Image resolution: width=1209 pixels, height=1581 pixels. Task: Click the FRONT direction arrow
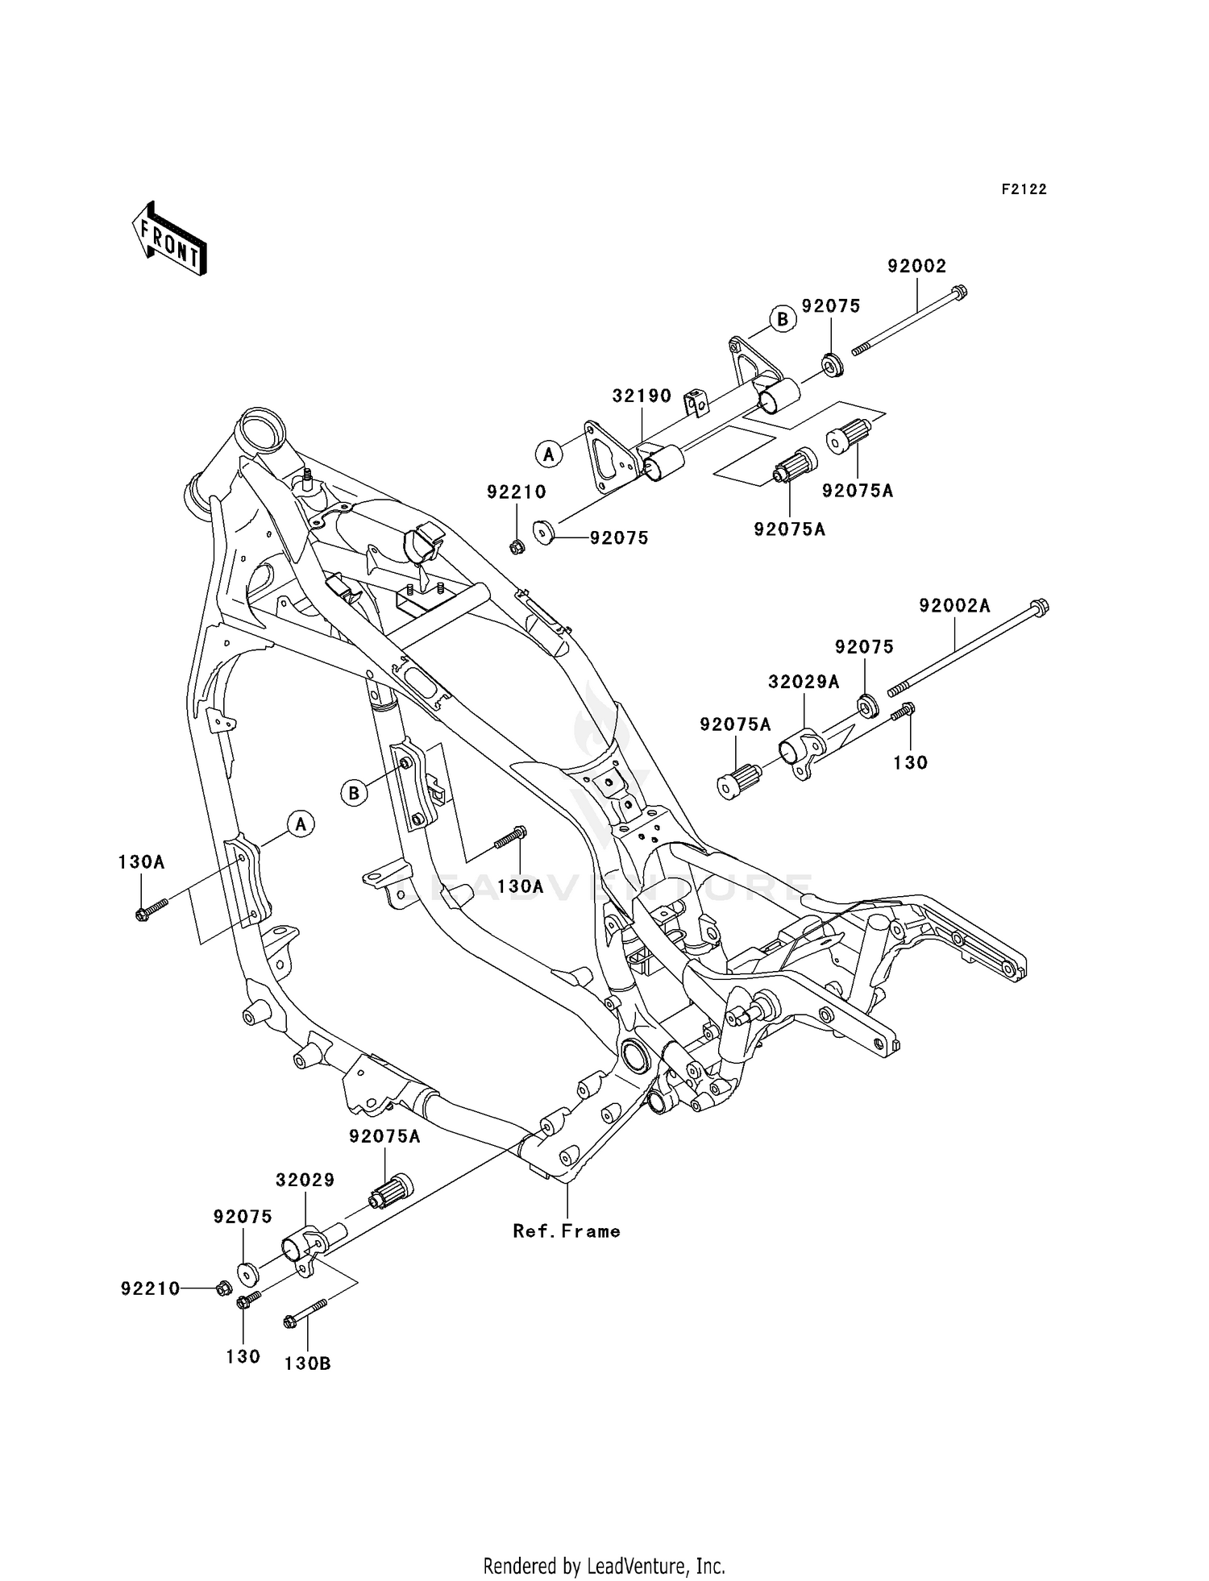pos(169,239)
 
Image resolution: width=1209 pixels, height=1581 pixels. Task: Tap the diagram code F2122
pos(1024,189)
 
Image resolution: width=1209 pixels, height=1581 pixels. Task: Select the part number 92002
pos(916,266)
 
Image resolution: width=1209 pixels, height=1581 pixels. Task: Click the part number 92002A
pos(954,605)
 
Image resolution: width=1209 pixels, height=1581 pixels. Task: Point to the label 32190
pos(642,396)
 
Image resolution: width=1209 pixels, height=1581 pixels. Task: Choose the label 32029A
pos(803,682)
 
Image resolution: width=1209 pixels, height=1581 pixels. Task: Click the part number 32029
pos(305,1180)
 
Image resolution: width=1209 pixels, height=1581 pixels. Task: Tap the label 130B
pos(307,1363)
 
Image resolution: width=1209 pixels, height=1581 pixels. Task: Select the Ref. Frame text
pos(567,1231)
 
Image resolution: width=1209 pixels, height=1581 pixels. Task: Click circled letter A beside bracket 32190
pos(549,454)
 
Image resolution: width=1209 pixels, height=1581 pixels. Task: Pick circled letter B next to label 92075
pos(782,319)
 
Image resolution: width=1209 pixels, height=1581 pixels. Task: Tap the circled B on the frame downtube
pos(354,793)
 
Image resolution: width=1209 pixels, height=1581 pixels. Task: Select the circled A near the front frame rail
pos(301,824)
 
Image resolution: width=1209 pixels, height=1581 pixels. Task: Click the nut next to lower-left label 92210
pos(223,1288)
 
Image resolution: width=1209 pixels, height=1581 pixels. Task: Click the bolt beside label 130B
pos(304,1314)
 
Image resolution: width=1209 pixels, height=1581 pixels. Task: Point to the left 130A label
pos(141,861)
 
